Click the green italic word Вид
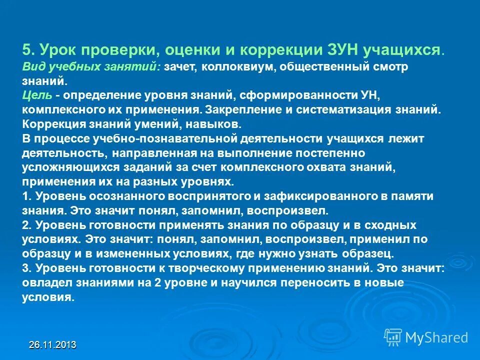pos(33,66)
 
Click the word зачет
pos(180,66)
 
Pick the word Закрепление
pos(252,109)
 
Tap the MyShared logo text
pos(436,337)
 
